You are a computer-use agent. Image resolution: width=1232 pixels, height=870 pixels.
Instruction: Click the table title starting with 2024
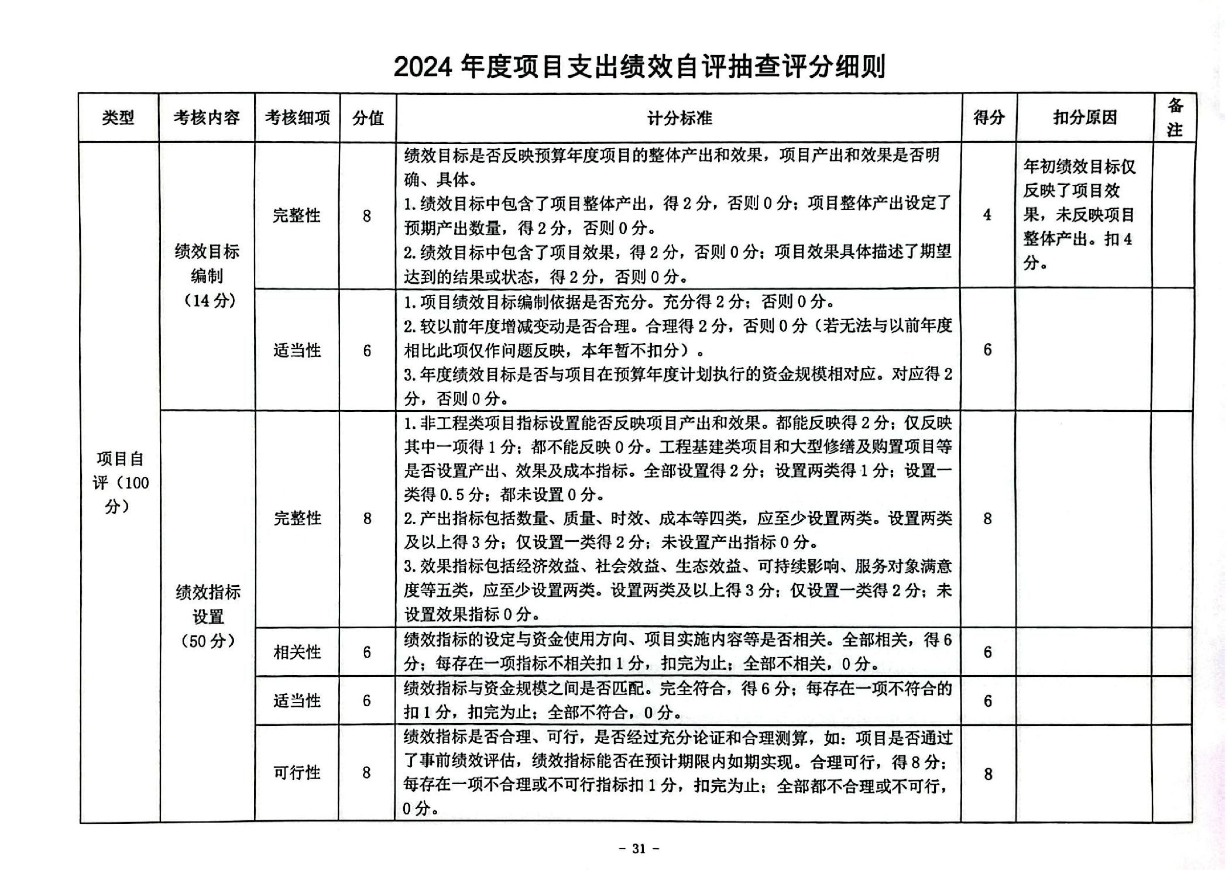(639, 67)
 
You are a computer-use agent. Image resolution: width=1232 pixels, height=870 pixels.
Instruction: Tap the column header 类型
(118, 118)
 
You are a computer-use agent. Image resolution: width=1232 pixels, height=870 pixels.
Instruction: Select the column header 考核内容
(207, 118)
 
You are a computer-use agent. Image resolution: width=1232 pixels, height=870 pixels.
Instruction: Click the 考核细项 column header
(297, 118)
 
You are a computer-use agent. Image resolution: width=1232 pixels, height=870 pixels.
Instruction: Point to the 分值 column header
(368, 118)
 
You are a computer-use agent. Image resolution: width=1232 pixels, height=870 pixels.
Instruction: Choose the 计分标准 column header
(679, 118)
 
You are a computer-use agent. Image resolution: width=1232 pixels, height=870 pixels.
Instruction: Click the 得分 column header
(989, 118)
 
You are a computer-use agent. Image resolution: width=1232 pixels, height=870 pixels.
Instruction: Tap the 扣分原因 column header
(1085, 118)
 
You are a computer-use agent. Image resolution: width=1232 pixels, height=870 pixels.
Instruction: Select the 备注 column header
(1175, 118)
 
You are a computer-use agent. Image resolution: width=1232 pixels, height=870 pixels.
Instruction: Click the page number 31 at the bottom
(639, 848)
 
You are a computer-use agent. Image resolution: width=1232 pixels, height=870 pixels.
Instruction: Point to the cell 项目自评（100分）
(120, 482)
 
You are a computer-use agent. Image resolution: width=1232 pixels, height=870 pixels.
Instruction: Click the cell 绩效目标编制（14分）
(207, 276)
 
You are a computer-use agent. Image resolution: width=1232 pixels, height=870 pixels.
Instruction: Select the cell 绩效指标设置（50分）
(208, 616)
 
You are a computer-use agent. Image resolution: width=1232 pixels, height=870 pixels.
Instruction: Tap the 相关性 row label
(297, 652)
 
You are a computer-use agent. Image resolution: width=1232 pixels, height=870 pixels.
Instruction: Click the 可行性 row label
(297, 773)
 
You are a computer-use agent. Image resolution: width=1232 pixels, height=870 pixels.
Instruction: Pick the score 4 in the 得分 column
(987, 215)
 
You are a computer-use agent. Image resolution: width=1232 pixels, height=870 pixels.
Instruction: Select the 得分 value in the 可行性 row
(988, 774)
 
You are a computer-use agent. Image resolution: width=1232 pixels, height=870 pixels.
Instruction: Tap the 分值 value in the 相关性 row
(367, 652)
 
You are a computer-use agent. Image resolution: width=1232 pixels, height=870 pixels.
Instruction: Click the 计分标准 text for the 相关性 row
(678, 652)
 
